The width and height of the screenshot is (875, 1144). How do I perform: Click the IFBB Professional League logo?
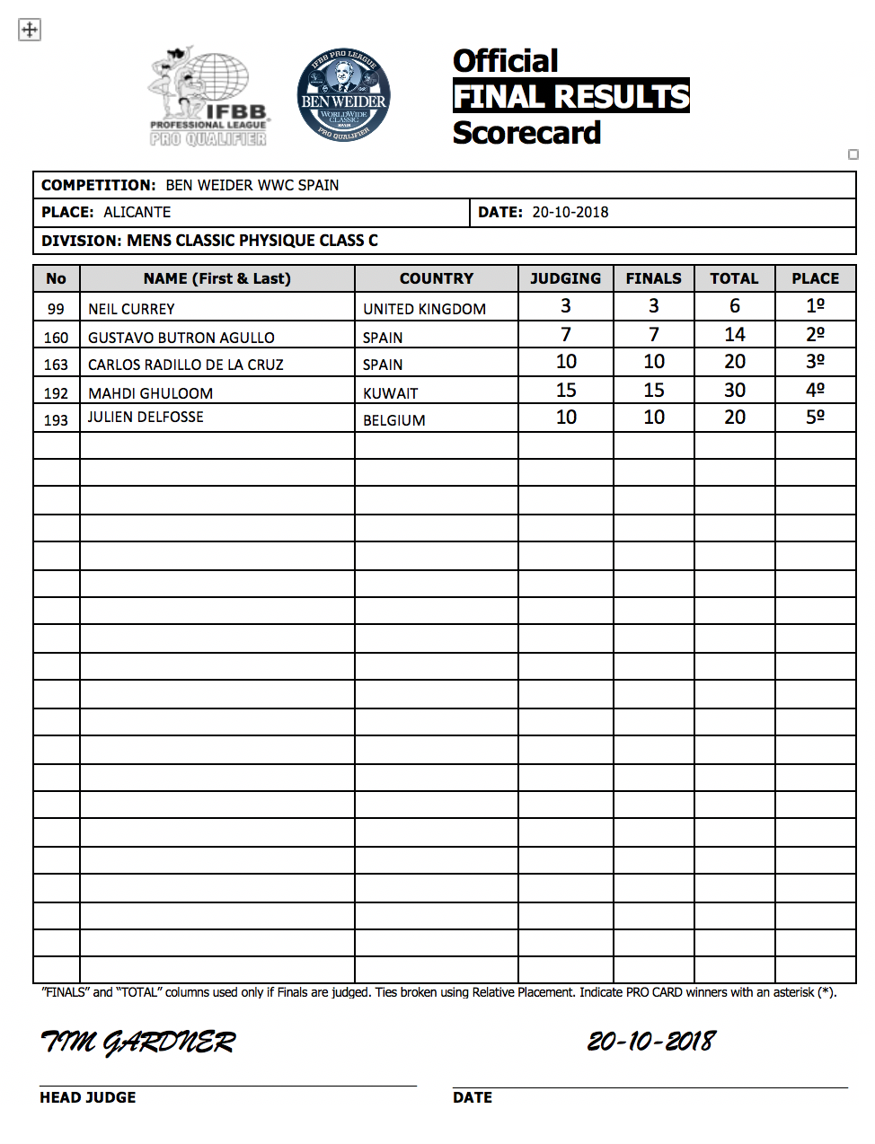[x=209, y=97]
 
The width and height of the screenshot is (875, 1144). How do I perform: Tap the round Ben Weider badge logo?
[x=343, y=95]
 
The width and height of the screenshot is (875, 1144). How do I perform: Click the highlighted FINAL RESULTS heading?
[x=570, y=96]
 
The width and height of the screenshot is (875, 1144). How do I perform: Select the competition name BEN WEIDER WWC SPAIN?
[x=252, y=185]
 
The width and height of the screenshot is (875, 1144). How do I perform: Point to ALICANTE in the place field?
[x=137, y=212]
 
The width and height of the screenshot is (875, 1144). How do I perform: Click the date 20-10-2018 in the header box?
[x=570, y=212]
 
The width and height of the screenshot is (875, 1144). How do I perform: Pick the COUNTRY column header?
[x=437, y=278]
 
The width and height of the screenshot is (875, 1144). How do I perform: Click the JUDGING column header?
[x=565, y=278]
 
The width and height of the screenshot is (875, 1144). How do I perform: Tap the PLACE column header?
[x=815, y=278]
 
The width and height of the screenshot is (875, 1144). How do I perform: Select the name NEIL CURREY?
[x=131, y=309]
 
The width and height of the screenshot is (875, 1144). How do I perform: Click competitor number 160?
[x=56, y=338]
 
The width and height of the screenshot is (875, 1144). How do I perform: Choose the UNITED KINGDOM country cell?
[x=424, y=309]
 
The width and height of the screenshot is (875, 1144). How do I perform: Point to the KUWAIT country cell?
[x=391, y=393]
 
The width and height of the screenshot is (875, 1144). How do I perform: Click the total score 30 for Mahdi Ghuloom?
[x=734, y=391]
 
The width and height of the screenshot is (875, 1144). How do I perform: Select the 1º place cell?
[x=815, y=306]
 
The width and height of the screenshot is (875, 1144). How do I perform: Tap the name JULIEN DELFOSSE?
[x=146, y=417]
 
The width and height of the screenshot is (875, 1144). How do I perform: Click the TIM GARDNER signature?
[x=138, y=1042]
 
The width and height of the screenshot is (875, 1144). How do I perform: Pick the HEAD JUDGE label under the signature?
[x=88, y=1097]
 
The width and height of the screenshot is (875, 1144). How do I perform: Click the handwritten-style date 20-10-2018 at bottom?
[x=651, y=1042]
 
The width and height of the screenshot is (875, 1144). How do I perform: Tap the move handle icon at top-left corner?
[x=30, y=30]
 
